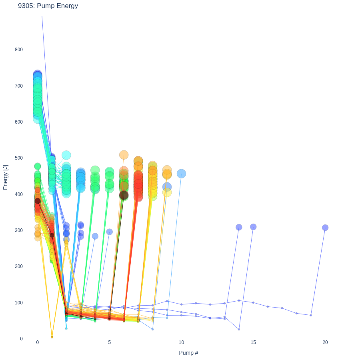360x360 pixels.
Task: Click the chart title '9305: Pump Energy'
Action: [48, 6]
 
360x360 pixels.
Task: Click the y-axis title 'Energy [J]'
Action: [5, 177]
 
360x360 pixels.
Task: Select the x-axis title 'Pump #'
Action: [188, 353]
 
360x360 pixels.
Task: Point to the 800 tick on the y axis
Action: [19, 50]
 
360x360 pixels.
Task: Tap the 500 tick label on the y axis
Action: [19, 158]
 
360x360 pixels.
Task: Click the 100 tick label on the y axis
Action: [19, 303]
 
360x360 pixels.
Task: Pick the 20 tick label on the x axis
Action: [325, 342]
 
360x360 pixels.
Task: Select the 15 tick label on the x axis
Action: [253, 342]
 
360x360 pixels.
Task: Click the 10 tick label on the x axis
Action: [181, 342]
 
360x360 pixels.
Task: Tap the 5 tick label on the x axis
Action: [110, 342]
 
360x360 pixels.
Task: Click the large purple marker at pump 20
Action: [325, 228]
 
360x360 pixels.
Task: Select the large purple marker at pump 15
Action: [253, 227]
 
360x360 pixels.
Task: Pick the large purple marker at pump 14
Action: [239, 227]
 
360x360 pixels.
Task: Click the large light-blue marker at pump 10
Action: [181, 174]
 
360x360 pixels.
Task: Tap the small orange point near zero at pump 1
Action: [52, 337]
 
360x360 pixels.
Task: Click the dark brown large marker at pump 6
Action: [124, 195]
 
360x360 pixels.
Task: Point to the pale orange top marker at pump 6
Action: [124, 155]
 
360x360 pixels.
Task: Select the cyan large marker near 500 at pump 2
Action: [66, 155]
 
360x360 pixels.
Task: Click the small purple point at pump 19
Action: [311, 315]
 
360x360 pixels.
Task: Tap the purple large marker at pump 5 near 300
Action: [110, 232]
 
